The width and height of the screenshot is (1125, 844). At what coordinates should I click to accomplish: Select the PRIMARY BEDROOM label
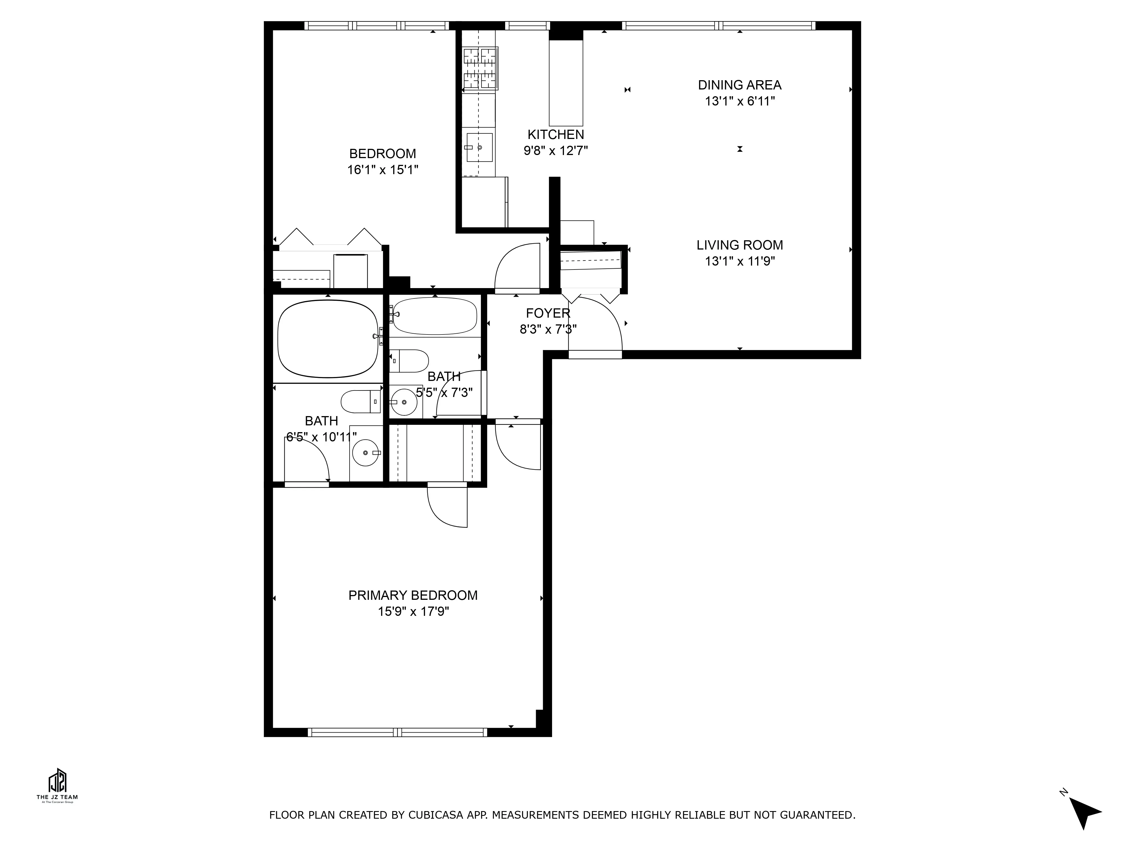click(x=413, y=595)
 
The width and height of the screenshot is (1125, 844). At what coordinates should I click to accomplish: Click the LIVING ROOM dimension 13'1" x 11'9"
click(x=739, y=261)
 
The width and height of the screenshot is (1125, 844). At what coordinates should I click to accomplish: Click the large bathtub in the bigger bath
click(x=328, y=339)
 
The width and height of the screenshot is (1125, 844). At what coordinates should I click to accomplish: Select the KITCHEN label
click(x=555, y=135)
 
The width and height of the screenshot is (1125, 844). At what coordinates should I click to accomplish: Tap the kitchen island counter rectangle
click(x=566, y=83)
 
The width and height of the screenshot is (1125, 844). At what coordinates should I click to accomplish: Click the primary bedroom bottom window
click(x=397, y=733)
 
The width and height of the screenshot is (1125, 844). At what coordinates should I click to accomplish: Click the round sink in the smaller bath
click(x=404, y=402)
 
